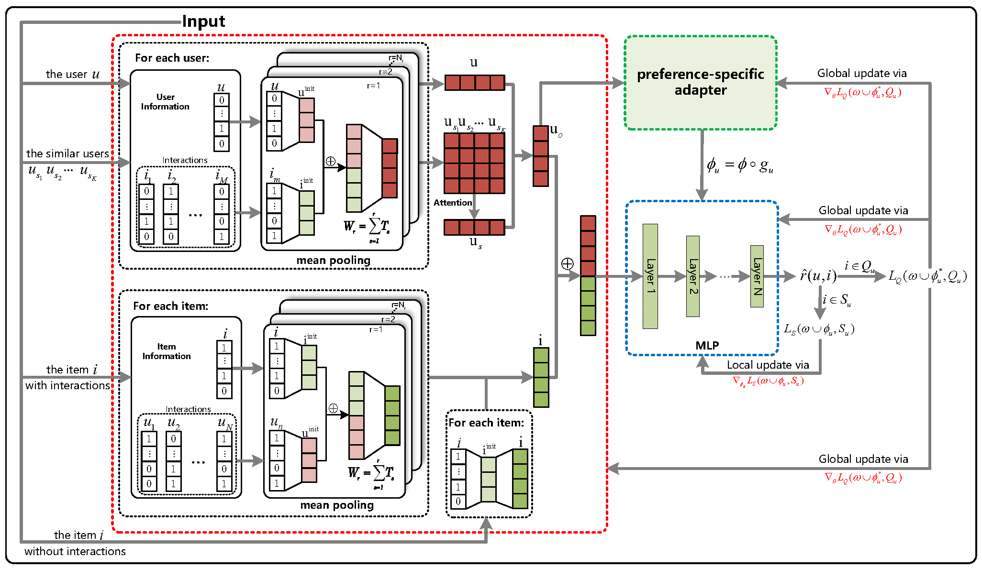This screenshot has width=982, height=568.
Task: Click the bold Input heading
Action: click(x=203, y=22)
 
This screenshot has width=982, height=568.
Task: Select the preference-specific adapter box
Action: click(x=700, y=82)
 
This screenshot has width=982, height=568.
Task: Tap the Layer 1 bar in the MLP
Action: click(x=650, y=276)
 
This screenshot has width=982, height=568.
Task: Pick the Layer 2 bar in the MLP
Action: click(x=692, y=276)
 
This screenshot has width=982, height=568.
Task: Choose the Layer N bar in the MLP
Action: click(x=757, y=276)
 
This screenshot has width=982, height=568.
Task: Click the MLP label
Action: click(x=707, y=345)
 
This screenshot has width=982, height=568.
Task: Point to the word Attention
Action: click(x=452, y=203)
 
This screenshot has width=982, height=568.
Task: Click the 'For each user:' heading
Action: click(x=172, y=58)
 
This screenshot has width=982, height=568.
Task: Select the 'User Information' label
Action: click(x=165, y=102)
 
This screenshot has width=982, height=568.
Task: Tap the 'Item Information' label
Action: click(x=167, y=351)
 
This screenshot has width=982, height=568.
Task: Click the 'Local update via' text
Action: click(x=768, y=365)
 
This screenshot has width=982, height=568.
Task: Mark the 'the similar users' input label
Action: click(x=67, y=153)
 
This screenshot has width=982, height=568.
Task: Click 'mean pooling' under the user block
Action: click(x=333, y=260)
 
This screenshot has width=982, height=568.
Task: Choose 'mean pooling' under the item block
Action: click(x=337, y=505)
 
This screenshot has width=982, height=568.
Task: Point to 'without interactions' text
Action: click(x=75, y=551)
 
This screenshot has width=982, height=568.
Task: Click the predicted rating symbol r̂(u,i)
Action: click(x=818, y=276)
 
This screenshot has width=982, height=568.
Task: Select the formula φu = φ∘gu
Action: click(x=739, y=165)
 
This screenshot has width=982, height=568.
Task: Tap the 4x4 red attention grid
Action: click(x=474, y=163)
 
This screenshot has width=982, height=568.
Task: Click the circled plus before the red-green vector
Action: click(x=567, y=263)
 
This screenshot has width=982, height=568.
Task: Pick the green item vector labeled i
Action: click(x=541, y=377)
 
